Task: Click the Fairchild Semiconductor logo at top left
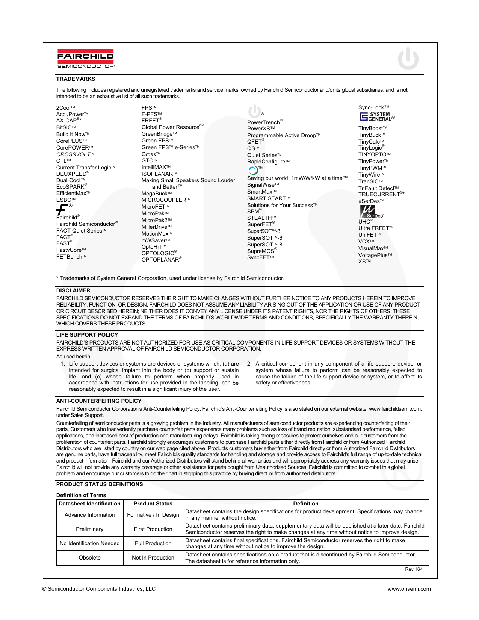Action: (86, 59)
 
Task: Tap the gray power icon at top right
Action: (408, 59)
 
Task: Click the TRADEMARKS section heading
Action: (76, 79)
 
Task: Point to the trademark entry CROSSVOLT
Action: (74, 154)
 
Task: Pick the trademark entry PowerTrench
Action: (264, 122)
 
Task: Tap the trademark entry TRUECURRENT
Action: (380, 194)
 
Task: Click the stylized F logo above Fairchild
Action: (62, 209)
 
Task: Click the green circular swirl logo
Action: (254, 170)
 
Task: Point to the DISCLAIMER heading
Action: (73, 290)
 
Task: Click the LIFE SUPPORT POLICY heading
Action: (87, 335)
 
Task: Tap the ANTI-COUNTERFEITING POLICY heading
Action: (99, 401)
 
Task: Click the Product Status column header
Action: (153, 504)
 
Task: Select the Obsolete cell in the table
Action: (90, 558)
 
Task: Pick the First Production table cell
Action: (153, 529)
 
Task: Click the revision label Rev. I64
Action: (414, 569)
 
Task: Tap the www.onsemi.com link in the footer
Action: (409, 589)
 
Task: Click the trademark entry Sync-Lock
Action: (373, 107)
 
